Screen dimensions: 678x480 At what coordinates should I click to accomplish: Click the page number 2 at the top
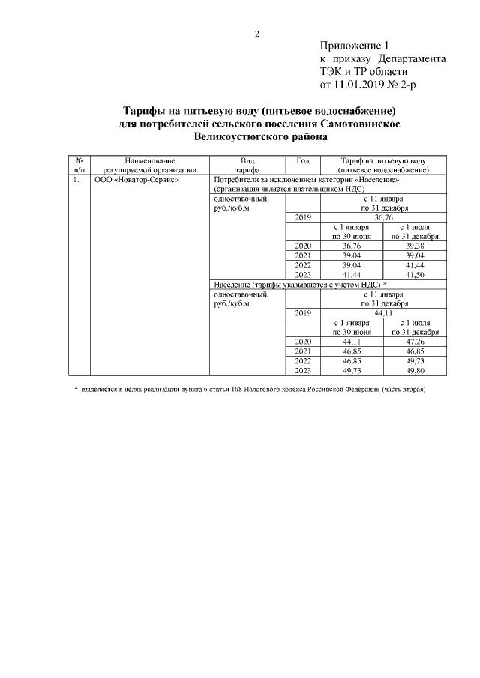click(256, 34)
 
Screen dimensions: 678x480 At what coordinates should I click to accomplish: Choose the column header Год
click(303, 161)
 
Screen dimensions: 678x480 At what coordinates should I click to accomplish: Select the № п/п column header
click(79, 166)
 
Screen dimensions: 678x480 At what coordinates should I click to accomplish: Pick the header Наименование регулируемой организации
click(150, 166)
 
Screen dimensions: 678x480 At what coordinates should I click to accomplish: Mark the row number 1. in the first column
click(77, 181)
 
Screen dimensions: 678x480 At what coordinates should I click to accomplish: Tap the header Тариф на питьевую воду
click(383, 161)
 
